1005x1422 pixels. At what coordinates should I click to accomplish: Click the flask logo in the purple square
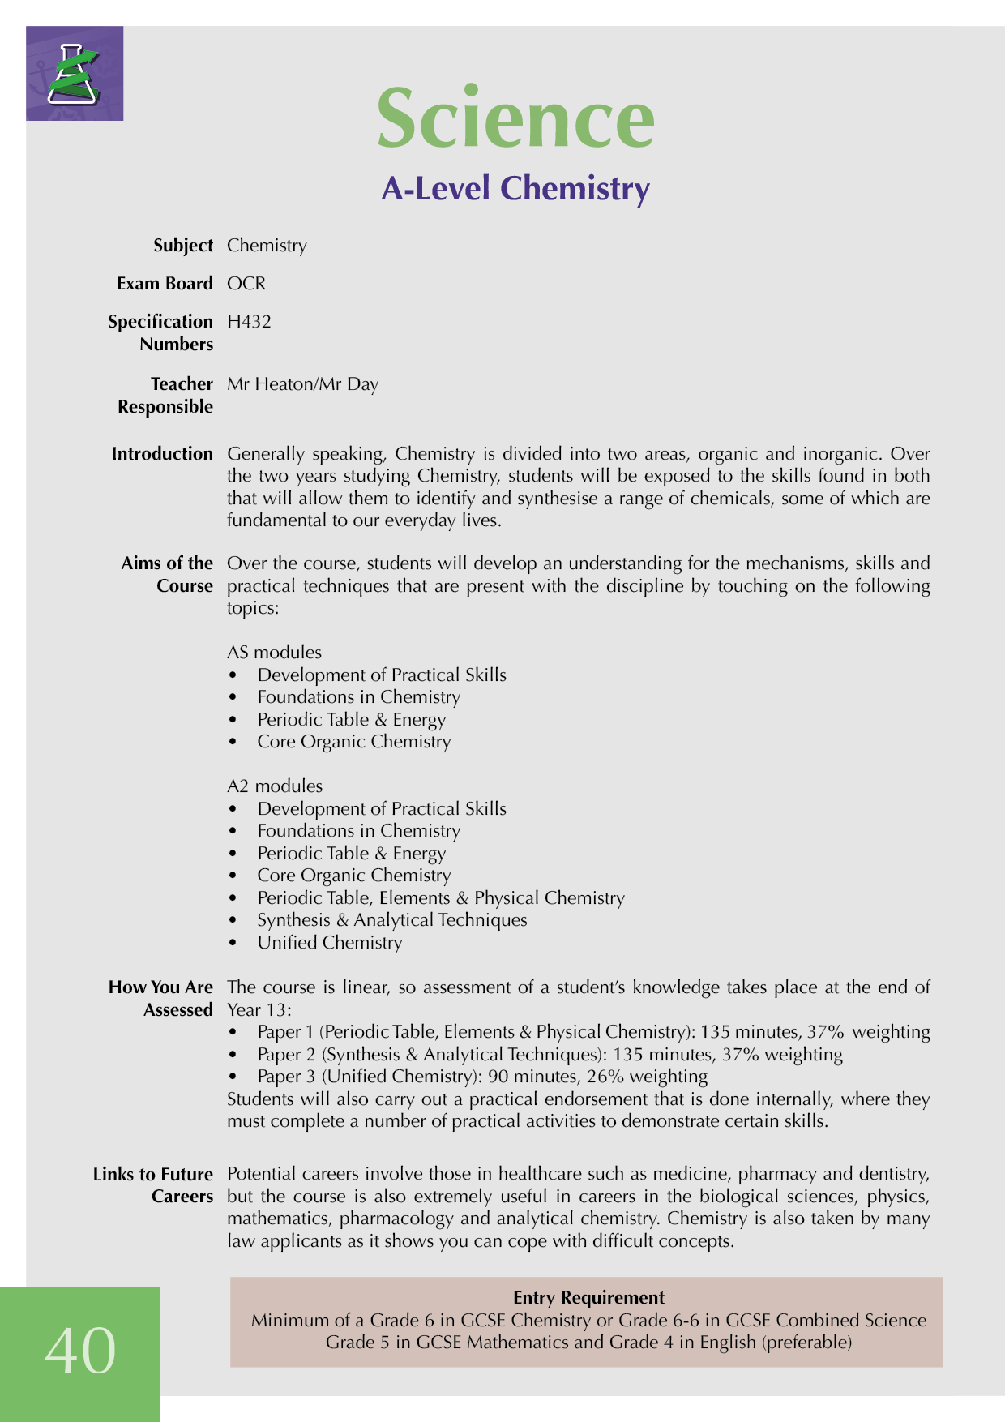[74, 74]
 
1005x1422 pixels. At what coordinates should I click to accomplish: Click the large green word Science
[515, 118]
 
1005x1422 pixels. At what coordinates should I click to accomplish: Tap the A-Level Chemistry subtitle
[515, 188]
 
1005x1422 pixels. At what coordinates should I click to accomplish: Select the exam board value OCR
[246, 284]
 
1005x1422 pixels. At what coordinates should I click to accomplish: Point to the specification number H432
[249, 322]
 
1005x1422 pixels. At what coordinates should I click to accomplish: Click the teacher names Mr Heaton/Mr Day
[302, 384]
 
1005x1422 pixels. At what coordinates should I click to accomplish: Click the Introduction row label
[162, 454]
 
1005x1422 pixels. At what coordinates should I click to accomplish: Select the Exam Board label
[165, 284]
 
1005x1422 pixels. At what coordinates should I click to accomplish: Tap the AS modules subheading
[274, 653]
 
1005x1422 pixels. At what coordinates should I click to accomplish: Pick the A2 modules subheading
[275, 786]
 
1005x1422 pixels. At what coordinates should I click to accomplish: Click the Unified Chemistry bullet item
[329, 943]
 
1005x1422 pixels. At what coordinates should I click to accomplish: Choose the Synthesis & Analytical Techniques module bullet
[391, 920]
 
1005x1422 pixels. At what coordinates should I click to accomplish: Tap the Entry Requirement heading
[588, 1297]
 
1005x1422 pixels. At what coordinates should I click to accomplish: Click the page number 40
[80, 1351]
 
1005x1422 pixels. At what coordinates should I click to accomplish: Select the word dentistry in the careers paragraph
[894, 1174]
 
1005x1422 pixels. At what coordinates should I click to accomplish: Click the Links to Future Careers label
[153, 1185]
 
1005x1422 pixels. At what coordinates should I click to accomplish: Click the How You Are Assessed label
[160, 999]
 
